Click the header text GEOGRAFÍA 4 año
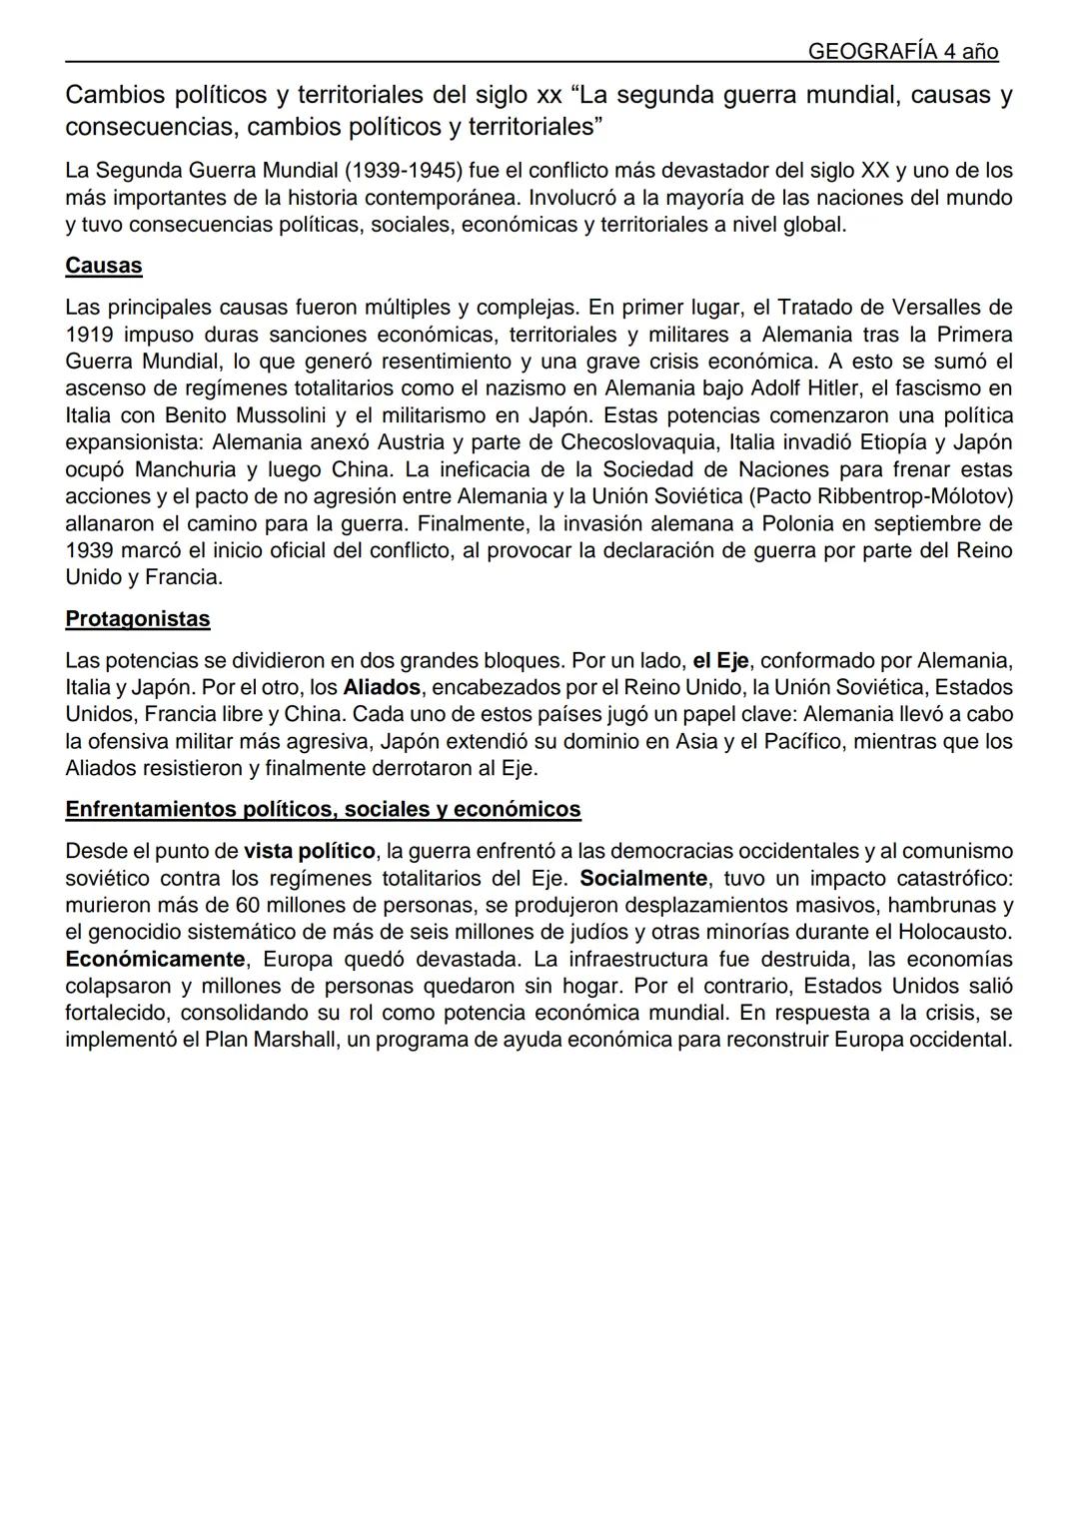pos(902,52)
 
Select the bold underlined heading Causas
pos(104,266)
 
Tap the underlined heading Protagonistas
pos(138,619)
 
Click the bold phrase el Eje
pos(720,661)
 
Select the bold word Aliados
pos(382,688)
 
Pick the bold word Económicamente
pos(155,960)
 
